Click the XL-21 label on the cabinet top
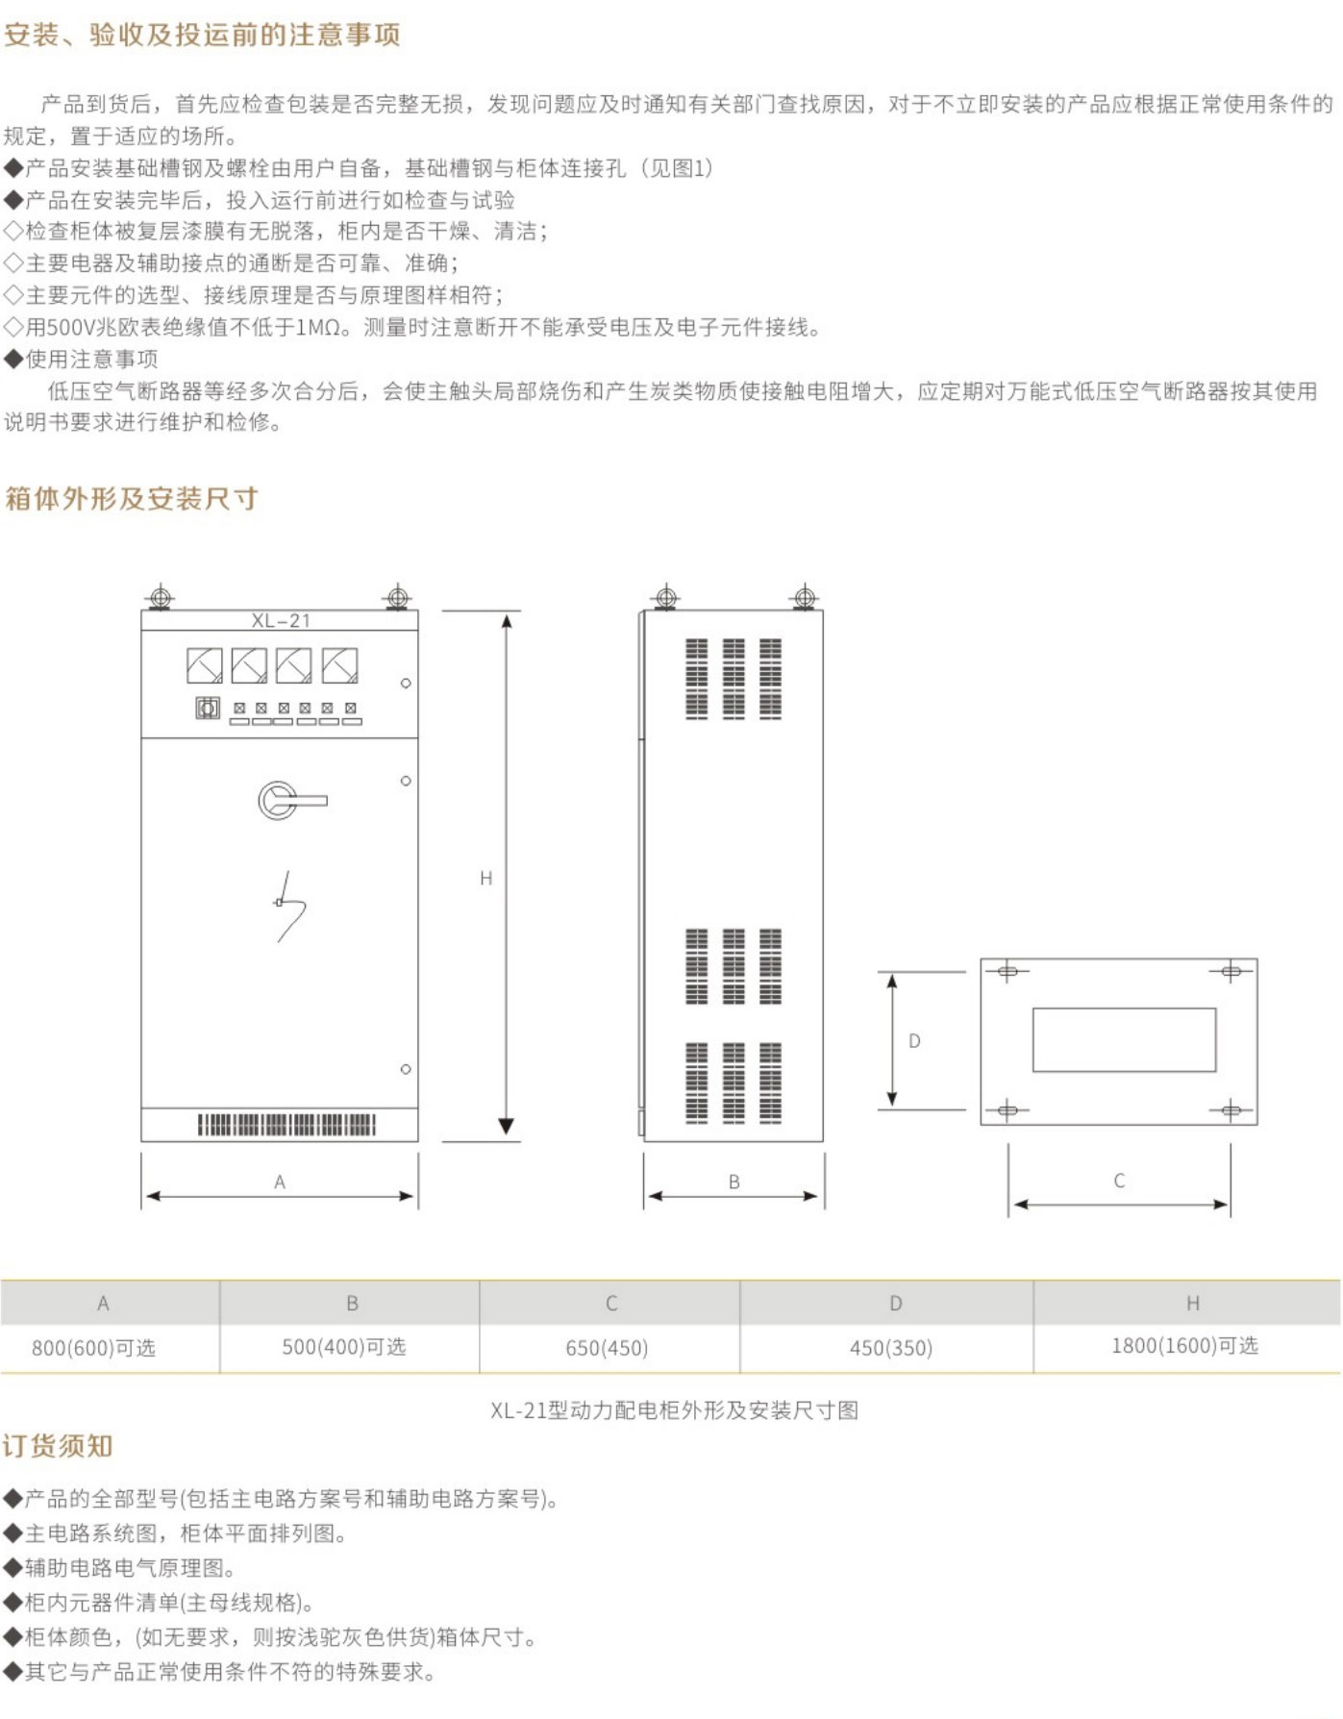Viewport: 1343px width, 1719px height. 281,620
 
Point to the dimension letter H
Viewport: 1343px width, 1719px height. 485,878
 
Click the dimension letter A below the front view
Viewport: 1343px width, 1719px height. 280,1182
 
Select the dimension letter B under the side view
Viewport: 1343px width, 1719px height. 734,1182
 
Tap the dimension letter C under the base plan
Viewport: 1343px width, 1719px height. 1119,1181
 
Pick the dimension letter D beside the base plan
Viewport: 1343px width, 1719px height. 914,1040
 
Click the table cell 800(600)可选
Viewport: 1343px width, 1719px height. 93,1348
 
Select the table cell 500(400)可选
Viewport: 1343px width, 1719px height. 344,1347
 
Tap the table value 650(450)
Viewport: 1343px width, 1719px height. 607,1348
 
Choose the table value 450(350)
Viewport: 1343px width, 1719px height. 891,1348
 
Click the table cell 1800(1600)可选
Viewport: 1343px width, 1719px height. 1184,1346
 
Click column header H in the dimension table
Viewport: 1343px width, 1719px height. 1192,1303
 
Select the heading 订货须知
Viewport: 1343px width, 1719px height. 58,1446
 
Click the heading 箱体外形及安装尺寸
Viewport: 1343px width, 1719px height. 132,498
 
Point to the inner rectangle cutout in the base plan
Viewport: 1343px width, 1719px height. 1124,1039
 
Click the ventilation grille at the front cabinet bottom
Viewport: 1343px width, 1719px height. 286,1124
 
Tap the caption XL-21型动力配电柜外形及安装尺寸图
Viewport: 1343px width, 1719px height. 674,1410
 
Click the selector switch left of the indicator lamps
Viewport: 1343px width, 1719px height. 208,709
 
